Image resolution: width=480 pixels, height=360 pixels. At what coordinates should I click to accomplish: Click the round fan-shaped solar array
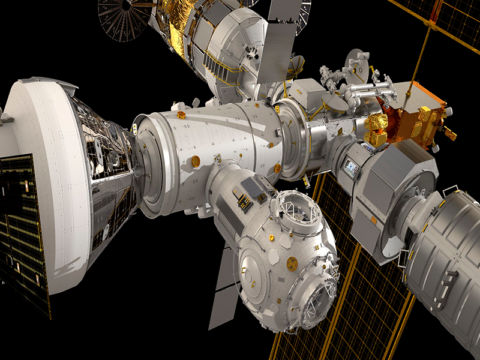(x=123, y=18)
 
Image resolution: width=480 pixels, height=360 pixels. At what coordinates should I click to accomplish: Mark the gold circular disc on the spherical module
(x=292, y=262)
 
